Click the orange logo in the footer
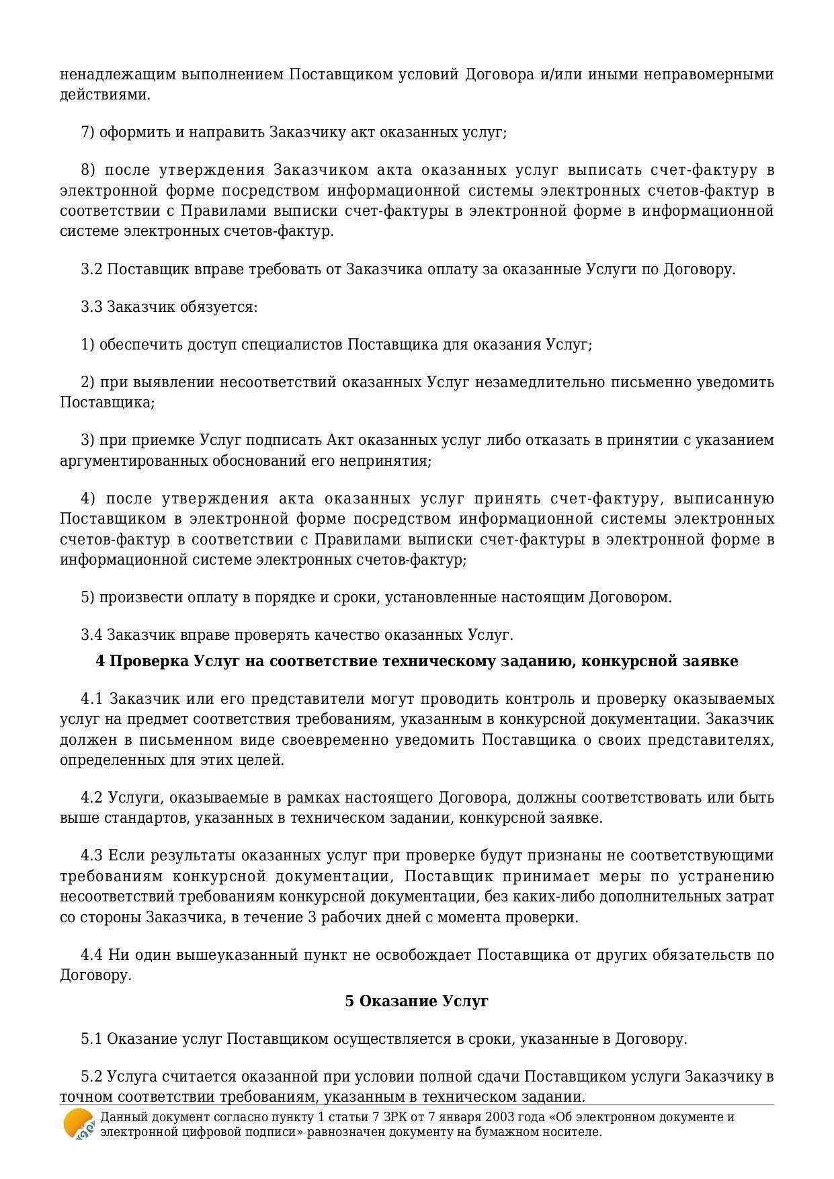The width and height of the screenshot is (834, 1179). tap(79, 1124)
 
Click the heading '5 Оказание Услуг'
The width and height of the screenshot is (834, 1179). tap(417, 1001)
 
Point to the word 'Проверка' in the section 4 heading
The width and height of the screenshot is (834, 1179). tap(149, 661)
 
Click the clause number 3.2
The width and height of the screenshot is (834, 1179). tap(91, 270)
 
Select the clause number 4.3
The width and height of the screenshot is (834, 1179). tap(91, 856)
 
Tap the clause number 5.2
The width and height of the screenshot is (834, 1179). tap(91, 1077)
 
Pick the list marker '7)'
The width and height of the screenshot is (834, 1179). tap(88, 132)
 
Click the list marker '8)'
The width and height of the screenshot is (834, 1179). tap(88, 170)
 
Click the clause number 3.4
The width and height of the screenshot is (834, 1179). tap(91, 635)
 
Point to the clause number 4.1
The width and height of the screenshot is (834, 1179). tap(91, 699)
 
